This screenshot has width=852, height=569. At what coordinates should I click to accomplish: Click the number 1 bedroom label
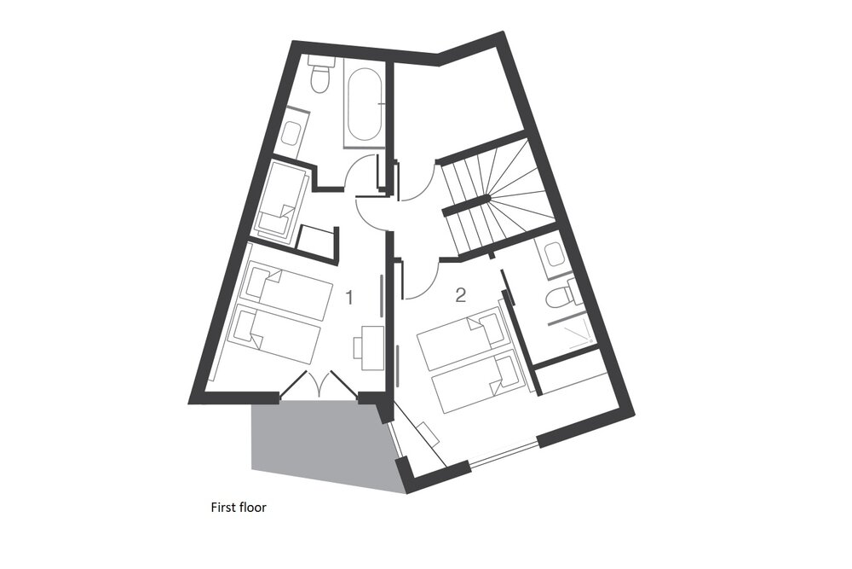coord(349,297)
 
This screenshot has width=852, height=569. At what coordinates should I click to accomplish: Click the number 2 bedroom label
coord(461,295)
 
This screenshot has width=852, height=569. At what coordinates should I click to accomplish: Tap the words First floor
coord(239,508)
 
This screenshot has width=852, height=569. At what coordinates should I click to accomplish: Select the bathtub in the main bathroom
coord(364,104)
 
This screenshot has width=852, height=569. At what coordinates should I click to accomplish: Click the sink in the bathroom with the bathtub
coord(293,131)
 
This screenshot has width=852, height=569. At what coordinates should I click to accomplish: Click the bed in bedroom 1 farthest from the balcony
coord(286,290)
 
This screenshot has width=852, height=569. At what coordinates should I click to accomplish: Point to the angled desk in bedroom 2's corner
coord(429,433)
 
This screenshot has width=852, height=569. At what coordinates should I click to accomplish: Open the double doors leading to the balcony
coord(320,385)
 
